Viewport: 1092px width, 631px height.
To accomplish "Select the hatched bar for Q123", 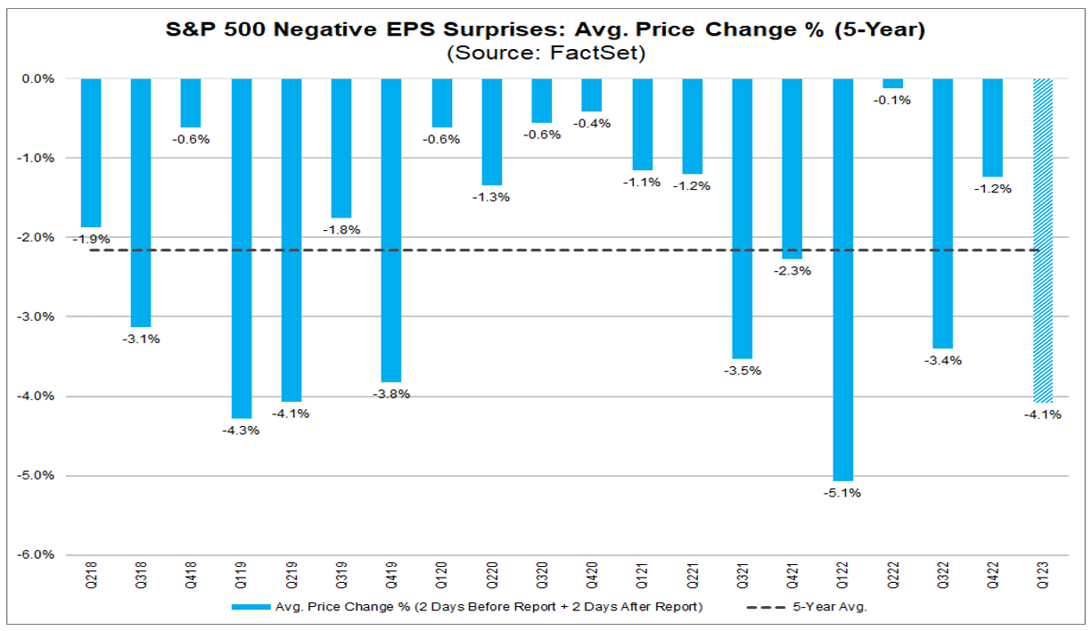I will click(1043, 241).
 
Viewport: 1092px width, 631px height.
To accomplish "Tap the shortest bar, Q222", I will click(893, 84).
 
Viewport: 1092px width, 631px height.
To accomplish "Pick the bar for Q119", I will click(242, 248).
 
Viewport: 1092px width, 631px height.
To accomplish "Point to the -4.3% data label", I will click(242, 430).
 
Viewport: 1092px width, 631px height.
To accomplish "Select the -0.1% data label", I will click(893, 100).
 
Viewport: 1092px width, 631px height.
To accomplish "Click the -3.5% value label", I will click(743, 370).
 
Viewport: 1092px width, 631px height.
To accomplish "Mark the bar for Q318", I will click(141, 202).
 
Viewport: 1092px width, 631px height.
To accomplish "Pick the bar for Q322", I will click(943, 213).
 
